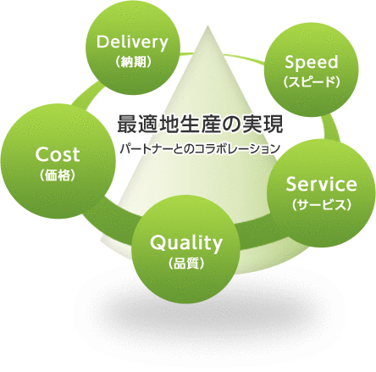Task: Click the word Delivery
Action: coord(132,43)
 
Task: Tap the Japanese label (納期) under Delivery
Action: coord(133,62)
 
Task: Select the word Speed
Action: coord(312,63)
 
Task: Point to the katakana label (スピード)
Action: coord(312,81)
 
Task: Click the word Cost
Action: coord(58,155)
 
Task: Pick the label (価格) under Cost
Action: coord(58,175)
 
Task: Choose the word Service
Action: coord(321,184)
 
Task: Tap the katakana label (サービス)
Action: coord(321,205)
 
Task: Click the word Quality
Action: coord(186,243)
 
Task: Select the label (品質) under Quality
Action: coord(186,264)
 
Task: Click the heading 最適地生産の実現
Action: coord(200,124)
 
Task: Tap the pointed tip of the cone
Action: coord(207,25)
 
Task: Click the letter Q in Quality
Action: coord(158,243)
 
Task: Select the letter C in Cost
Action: coord(42,155)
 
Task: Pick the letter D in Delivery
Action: coord(103,42)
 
